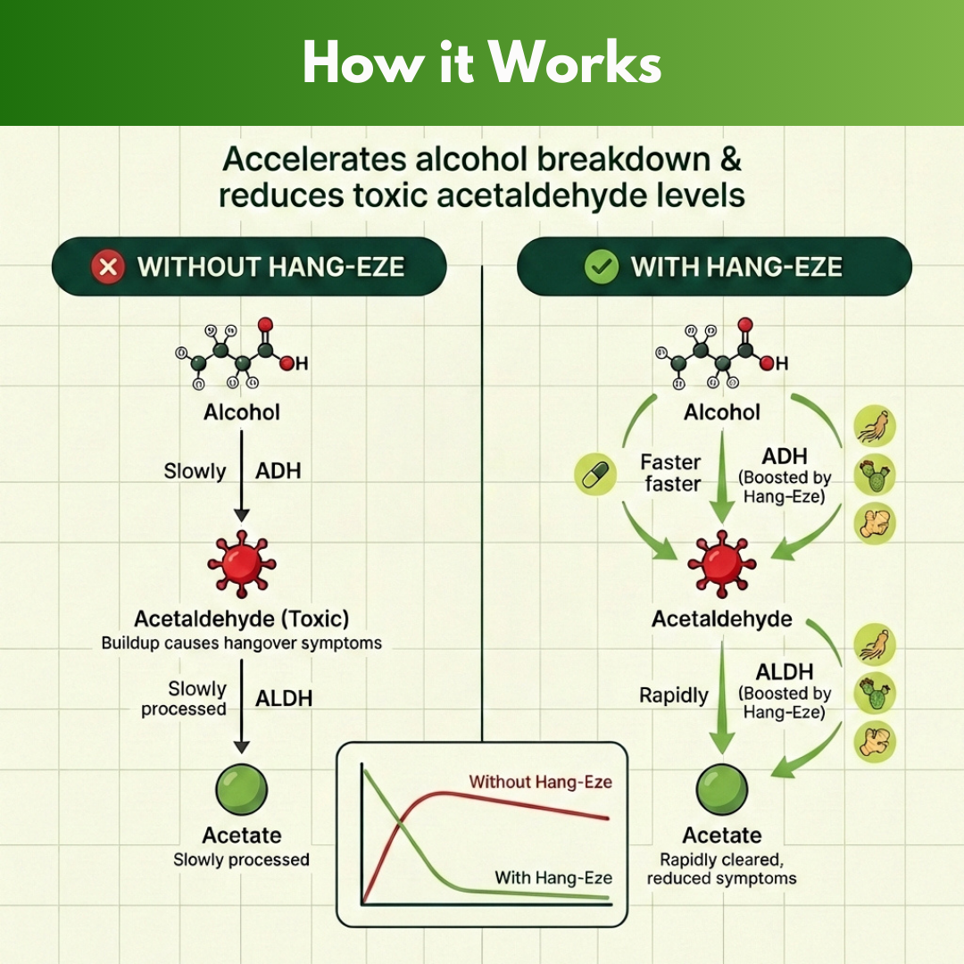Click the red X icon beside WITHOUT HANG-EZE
(108, 266)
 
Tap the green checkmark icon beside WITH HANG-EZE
(601, 266)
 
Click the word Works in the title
(575, 63)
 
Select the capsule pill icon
(592, 473)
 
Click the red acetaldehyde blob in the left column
(241, 563)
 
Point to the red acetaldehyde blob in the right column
(721, 563)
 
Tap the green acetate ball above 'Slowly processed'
(242, 790)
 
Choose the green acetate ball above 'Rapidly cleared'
(721, 790)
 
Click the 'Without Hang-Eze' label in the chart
(540, 782)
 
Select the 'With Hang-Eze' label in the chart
(553, 877)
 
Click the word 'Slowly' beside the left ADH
(195, 470)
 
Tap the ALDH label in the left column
(284, 698)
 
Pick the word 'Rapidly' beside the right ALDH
(673, 695)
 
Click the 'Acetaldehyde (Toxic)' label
(241, 619)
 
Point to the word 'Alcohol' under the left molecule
(241, 411)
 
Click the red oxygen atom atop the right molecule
(745, 326)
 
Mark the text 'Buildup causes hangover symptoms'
(241, 643)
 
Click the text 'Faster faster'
(670, 473)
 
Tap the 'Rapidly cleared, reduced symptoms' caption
(721, 868)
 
